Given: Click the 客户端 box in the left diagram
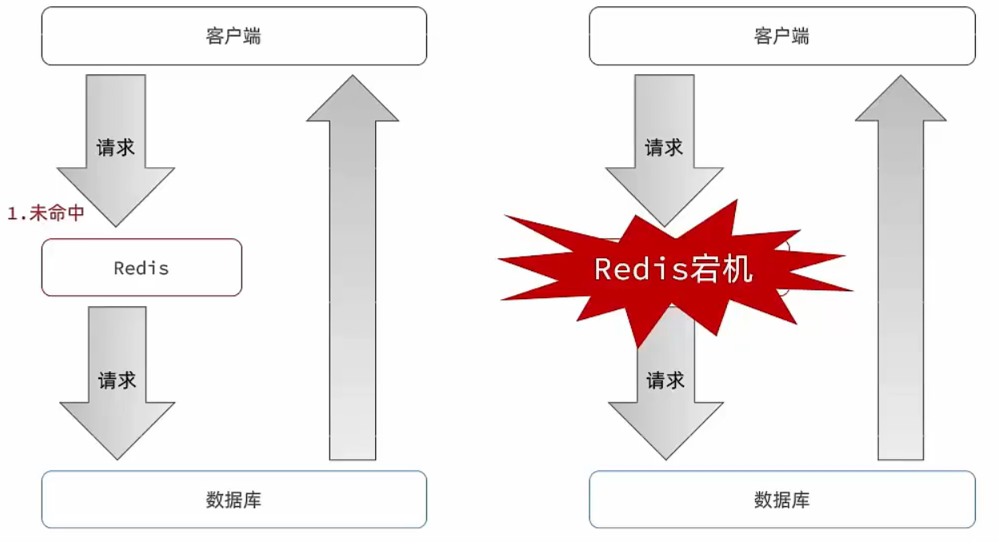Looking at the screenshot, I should click(234, 36).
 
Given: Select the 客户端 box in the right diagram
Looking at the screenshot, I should click(781, 36).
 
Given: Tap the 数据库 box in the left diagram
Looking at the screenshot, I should click(234, 500).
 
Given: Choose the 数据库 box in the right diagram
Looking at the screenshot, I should click(781, 500).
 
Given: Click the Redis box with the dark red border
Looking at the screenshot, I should click(142, 267).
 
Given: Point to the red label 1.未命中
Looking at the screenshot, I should click(46, 214).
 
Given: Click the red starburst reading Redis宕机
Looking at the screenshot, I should click(673, 269).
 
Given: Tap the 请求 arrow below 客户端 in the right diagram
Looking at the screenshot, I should click(664, 144).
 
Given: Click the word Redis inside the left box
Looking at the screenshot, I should click(142, 268).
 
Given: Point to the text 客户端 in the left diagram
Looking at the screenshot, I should click(234, 36).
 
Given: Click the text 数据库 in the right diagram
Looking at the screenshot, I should click(781, 501).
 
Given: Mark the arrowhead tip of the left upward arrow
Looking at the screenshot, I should click(353, 78).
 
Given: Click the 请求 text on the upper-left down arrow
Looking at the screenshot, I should click(116, 148).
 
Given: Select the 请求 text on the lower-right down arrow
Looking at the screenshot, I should click(665, 380).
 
